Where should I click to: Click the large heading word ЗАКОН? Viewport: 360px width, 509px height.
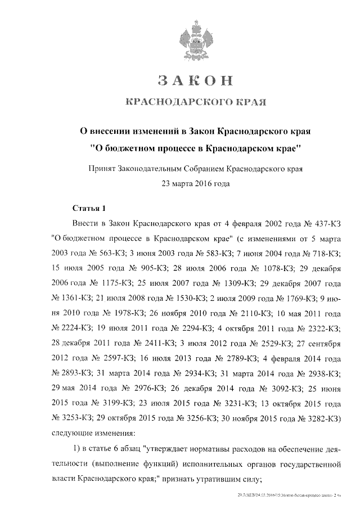click(x=195, y=80)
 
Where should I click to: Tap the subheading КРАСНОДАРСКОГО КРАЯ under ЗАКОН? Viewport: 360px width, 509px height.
click(x=195, y=102)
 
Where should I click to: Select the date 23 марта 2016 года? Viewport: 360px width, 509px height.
click(x=195, y=183)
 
